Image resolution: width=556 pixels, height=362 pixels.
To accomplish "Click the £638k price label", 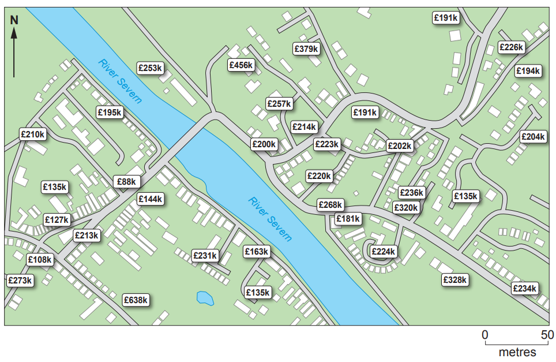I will pyautogui.click(x=136, y=300).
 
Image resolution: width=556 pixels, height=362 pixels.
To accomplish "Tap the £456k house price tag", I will pyautogui.click(x=241, y=65).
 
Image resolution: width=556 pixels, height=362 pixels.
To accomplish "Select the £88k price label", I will pyautogui.click(x=127, y=182).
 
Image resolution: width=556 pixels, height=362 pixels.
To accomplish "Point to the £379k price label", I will pyautogui.click(x=306, y=49).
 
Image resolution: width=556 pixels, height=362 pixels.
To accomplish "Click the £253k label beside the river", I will pyautogui.click(x=151, y=68).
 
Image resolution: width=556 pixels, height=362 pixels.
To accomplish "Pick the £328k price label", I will pyautogui.click(x=454, y=280).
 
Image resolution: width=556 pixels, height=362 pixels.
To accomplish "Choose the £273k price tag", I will pyautogui.click(x=20, y=281).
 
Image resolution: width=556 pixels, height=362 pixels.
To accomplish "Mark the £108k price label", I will pyautogui.click(x=40, y=260).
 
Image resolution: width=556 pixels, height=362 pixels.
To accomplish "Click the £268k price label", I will pyautogui.click(x=330, y=205).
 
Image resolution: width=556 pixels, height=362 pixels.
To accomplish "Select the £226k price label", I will pyautogui.click(x=511, y=47).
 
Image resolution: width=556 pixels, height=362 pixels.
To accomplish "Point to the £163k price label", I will pyautogui.click(x=257, y=252).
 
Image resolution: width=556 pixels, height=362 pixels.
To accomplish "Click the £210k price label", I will pyautogui.click(x=32, y=135).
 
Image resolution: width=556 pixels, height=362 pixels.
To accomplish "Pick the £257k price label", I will pyautogui.click(x=280, y=104).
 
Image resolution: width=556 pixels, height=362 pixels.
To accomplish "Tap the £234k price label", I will pyautogui.click(x=524, y=289).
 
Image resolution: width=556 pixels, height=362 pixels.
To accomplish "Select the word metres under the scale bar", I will pyautogui.click(x=517, y=352).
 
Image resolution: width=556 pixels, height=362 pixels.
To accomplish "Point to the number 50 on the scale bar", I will pyautogui.click(x=547, y=335).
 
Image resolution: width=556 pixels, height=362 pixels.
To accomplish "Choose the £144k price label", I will pyautogui.click(x=151, y=199).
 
